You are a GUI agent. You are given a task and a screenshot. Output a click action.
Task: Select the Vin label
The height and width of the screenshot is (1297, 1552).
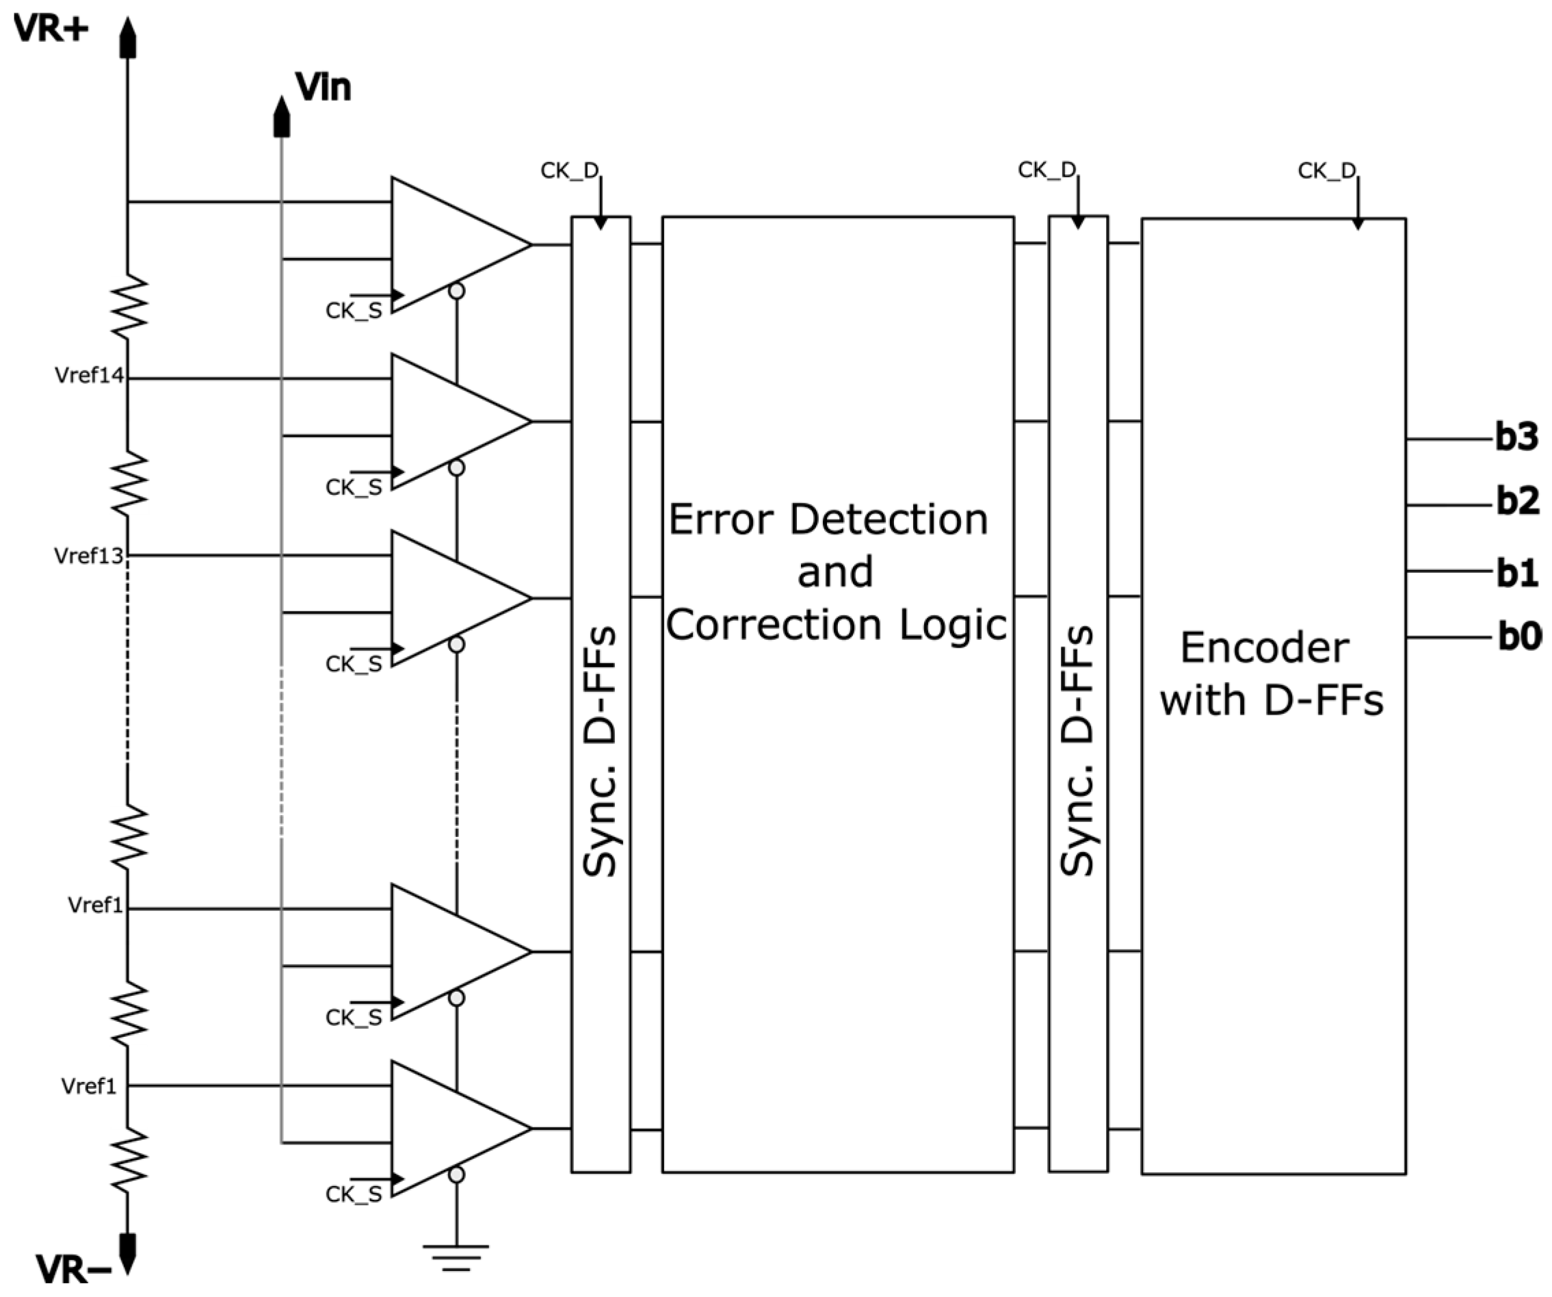point(323,87)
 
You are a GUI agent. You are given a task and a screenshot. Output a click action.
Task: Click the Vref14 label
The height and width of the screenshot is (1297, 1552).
point(89,376)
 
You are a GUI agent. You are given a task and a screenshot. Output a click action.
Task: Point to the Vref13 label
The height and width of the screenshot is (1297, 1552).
point(88,556)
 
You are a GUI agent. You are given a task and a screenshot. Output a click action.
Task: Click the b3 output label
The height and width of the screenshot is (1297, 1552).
point(1516,437)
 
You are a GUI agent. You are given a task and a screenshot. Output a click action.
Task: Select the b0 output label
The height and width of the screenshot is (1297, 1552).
point(1518,637)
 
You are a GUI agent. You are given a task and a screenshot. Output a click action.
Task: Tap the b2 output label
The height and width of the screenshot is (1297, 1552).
point(1517,502)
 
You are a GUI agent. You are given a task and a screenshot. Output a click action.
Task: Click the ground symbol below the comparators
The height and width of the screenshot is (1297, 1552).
point(456,1257)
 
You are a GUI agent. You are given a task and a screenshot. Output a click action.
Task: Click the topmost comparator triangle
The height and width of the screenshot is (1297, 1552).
point(451,245)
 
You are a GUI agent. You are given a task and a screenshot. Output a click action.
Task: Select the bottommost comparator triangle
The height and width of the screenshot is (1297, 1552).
point(451,1129)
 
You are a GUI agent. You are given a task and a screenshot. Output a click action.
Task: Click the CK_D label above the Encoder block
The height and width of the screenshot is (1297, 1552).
point(1326,171)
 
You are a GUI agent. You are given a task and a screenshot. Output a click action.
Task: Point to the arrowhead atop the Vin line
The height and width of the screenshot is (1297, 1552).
point(281,117)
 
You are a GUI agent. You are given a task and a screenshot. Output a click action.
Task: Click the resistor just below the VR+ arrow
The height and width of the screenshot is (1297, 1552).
point(129,306)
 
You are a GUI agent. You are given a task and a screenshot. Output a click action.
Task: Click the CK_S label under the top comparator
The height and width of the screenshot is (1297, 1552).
point(353,311)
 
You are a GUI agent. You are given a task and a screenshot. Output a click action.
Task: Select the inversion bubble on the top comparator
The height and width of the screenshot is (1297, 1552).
point(457,292)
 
